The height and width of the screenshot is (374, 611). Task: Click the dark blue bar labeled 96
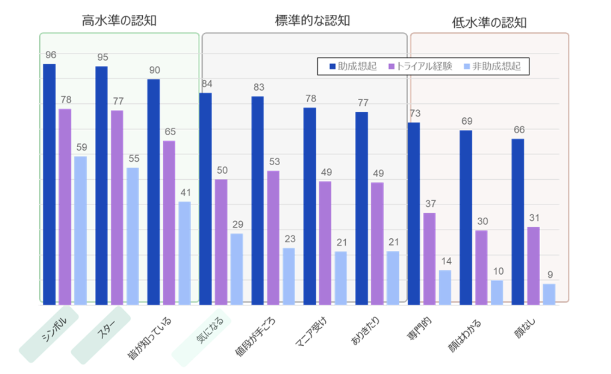[x=49, y=184]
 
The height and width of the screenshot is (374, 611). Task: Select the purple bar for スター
[x=117, y=207]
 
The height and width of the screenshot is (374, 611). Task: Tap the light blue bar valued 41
[x=185, y=253]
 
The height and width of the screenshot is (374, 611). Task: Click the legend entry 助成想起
[x=353, y=66]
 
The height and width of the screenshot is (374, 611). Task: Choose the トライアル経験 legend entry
[x=420, y=66]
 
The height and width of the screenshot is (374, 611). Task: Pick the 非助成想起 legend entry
[x=492, y=66]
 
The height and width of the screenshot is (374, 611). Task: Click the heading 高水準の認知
[x=119, y=20]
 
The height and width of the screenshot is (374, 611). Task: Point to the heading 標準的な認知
[x=312, y=20]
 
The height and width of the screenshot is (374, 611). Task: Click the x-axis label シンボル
[x=54, y=329]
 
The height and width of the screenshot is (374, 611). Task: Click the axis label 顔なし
[x=524, y=328]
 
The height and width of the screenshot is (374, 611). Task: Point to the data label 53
[x=275, y=162]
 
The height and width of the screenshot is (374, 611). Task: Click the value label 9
[x=550, y=275]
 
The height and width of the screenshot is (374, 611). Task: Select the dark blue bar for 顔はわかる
[x=466, y=217]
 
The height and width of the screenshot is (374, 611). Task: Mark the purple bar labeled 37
[x=429, y=259]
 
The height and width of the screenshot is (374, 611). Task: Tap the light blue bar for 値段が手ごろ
[x=289, y=277]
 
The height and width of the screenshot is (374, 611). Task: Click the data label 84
[x=207, y=84]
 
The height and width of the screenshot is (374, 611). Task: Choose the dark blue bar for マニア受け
[x=310, y=206]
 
